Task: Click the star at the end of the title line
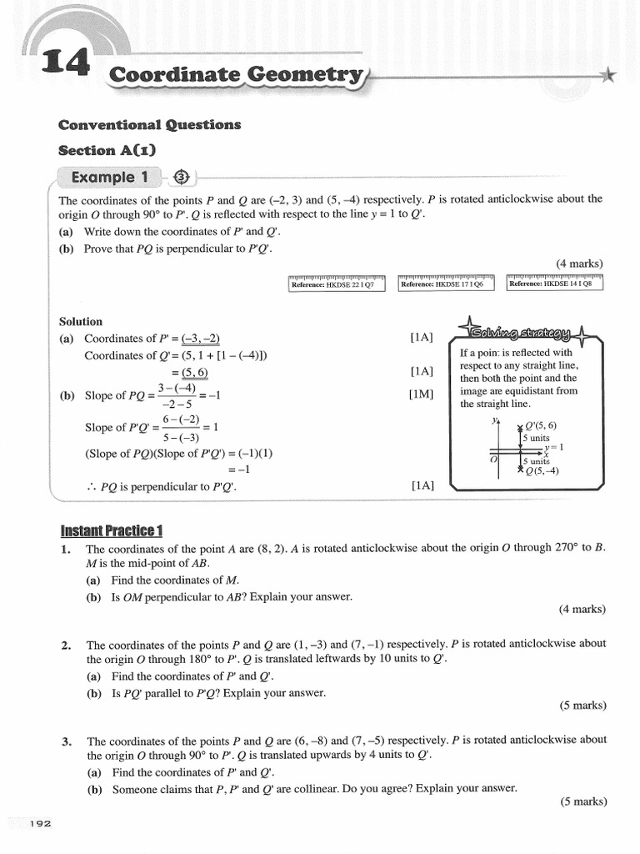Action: coord(609,76)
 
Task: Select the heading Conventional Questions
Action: coord(149,125)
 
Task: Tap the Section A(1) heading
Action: coord(107,151)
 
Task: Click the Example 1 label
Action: coord(114,177)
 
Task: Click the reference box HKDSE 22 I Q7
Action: coord(332,284)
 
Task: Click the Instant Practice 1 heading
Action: coord(112,531)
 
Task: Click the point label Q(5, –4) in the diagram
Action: coord(542,471)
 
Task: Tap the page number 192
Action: coord(40,824)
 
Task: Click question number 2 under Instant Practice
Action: coord(66,645)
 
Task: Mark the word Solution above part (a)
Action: coord(81,321)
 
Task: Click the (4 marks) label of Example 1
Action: coord(579,264)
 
